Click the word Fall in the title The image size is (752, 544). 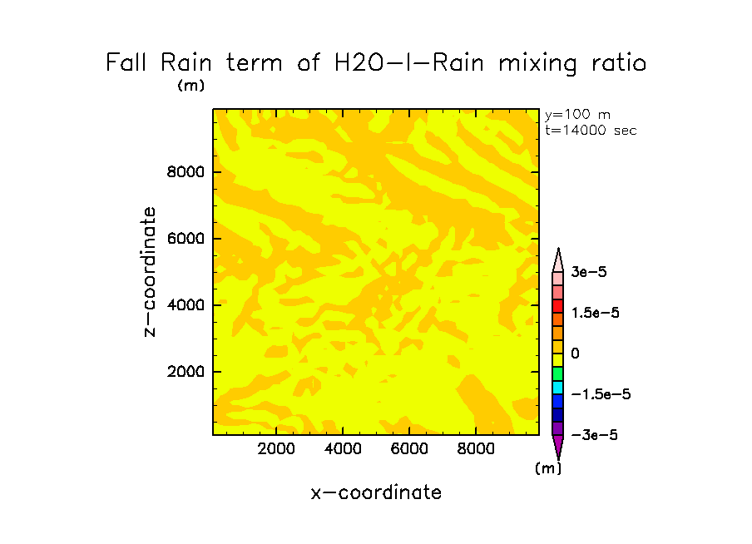(128, 63)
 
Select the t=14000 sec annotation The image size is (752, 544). (590, 130)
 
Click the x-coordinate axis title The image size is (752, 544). (376, 492)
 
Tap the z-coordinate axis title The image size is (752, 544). (151, 272)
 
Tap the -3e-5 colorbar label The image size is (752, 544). (594, 435)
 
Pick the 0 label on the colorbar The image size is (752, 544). (575, 354)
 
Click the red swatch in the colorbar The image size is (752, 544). (558, 306)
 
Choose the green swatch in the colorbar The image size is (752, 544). (558, 373)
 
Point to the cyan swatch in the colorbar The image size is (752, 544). (558, 388)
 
